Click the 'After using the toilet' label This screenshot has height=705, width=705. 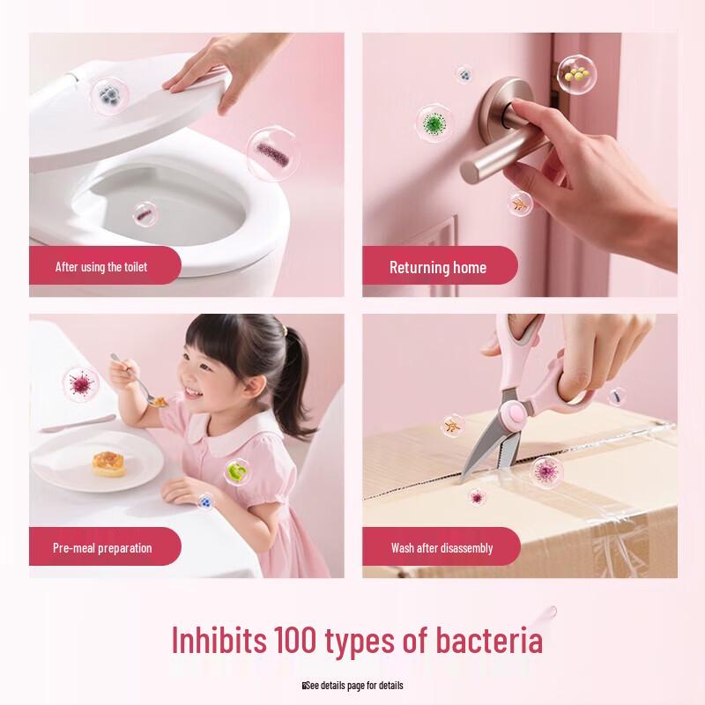click(101, 266)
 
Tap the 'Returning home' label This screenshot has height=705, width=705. click(438, 267)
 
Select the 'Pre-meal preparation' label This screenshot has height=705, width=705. click(102, 547)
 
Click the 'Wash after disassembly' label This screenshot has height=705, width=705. click(442, 547)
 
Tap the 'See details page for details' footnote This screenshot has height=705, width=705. click(353, 686)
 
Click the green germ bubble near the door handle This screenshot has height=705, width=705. click(433, 124)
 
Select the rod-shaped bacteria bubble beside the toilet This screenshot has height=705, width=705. click(271, 155)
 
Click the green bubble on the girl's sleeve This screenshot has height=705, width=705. click(236, 472)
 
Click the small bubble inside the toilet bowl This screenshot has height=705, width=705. click(145, 212)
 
